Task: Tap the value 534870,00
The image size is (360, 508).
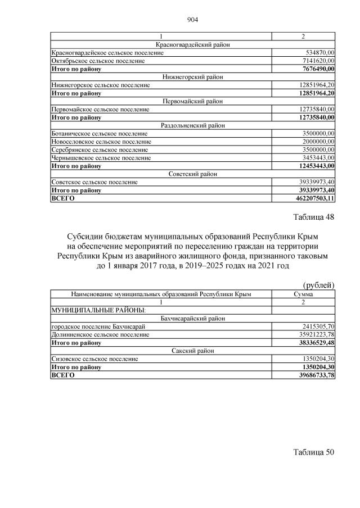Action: point(317,52)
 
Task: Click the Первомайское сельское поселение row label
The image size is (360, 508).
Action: point(101,109)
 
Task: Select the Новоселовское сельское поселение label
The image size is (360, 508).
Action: point(101,142)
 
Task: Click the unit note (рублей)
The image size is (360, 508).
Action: point(318,285)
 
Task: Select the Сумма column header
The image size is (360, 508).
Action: point(303,294)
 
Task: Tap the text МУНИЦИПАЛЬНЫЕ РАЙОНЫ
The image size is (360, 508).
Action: point(98,310)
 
